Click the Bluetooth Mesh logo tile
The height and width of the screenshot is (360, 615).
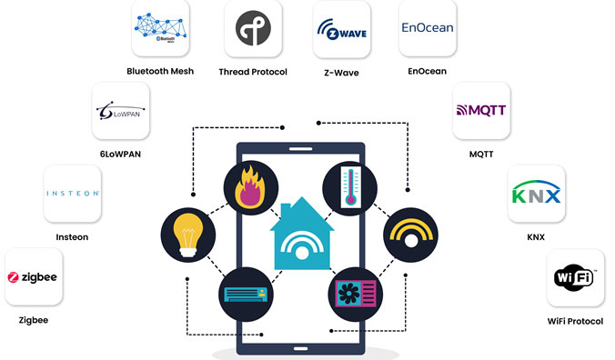coord(160,29)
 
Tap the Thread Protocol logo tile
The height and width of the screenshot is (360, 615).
coord(252,29)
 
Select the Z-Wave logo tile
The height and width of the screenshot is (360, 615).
coord(340,29)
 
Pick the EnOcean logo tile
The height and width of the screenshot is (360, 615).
coord(428,29)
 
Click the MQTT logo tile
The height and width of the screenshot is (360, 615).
coord(481,111)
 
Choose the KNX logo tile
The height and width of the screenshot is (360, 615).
coord(536,193)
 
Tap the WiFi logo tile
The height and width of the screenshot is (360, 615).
coord(574,276)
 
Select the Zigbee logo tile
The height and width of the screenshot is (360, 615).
coord(34,277)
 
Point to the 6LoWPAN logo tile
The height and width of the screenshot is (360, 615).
coord(121,113)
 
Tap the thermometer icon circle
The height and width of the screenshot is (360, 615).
coord(350,187)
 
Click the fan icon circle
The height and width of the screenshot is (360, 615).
coord(352,293)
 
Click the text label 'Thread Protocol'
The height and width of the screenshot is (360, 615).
coord(253,72)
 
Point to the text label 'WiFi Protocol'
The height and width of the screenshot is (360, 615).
coord(575,321)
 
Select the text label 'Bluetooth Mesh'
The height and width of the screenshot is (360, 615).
coord(160,72)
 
